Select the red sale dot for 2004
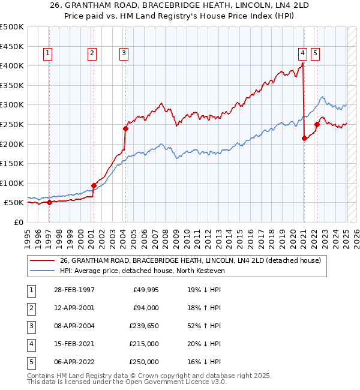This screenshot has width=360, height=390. coord(126,128)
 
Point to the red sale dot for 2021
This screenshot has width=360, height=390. coord(304,138)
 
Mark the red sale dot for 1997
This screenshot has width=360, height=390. coord(50,202)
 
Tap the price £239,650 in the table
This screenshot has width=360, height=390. coord(143,326)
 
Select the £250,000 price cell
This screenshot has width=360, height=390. coord(143,362)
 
